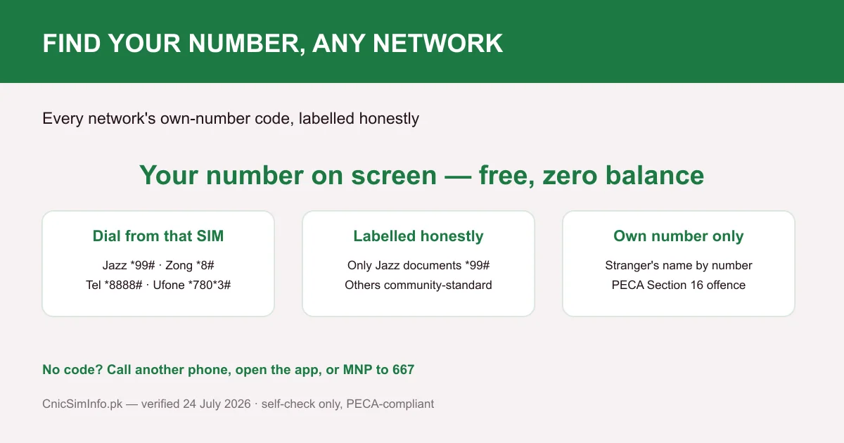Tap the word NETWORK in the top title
[x=437, y=43]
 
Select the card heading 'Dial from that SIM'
[x=158, y=236]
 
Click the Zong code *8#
[x=205, y=265]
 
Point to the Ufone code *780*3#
[x=209, y=285]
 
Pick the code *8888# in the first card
[x=123, y=285]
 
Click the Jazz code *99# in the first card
[x=142, y=265]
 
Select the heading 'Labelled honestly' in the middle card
[x=418, y=236]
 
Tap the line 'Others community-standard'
[x=418, y=285]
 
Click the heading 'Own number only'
[x=679, y=236]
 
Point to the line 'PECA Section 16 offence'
[x=679, y=285]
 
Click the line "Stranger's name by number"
[x=679, y=265]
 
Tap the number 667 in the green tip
[x=403, y=370]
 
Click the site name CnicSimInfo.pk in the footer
[x=82, y=404]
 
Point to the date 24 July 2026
[x=217, y=404]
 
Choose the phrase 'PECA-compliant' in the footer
[x=390, y=404]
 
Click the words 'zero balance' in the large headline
[x=623, y=176]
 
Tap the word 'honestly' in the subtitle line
[x=389, y=119]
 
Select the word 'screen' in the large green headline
[x=394, y=176]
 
